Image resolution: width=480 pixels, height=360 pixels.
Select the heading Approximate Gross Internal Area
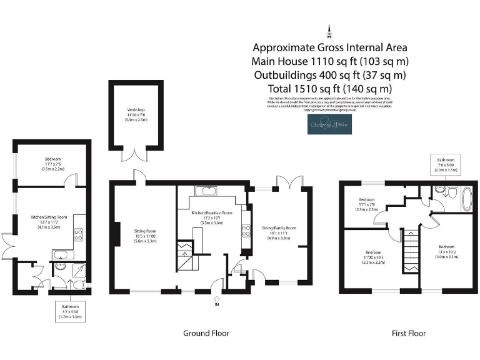(329, 47)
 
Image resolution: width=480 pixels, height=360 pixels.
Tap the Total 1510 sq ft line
(329, 88)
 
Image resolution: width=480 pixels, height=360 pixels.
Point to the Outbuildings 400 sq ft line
(329, 75)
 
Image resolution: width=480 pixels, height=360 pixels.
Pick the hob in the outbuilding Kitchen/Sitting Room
(79, 234)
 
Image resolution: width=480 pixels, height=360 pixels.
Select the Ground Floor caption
(206, 333)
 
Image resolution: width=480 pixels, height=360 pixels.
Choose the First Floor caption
(409, 333)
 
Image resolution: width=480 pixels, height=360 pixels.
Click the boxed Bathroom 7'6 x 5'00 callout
(449, 165)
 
